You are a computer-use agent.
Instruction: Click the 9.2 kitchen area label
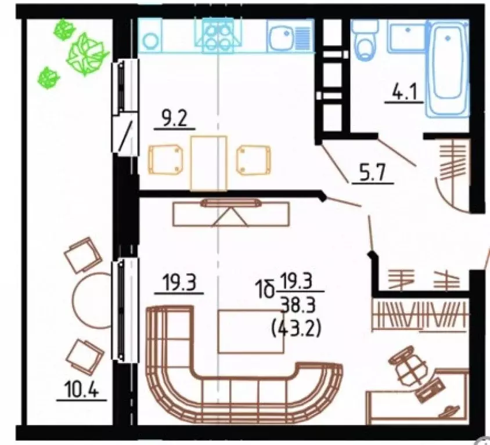(174, 120)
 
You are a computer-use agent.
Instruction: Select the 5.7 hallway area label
(372, 173)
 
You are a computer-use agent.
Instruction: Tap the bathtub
(448, 66)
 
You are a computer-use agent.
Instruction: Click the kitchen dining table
(208, 162)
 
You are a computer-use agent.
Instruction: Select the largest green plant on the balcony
(84, 54)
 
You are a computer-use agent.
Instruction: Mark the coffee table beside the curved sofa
(251, 331)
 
